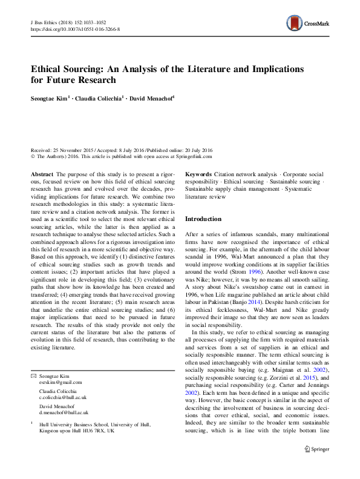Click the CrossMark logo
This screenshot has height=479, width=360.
(308, 24)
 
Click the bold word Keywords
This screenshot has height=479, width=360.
(199, 174)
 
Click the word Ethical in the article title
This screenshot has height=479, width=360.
(51, 69)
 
